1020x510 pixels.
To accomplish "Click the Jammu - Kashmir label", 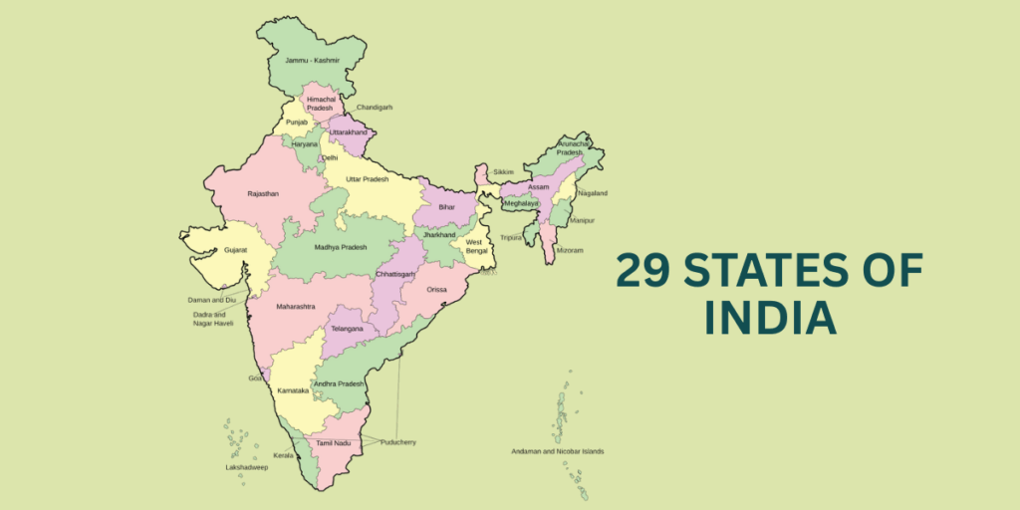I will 312,61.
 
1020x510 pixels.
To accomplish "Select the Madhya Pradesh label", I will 341,247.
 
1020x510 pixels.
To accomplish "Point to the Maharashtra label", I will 296,306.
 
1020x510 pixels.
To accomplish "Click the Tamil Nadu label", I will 333,442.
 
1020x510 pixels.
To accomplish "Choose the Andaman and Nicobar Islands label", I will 558,451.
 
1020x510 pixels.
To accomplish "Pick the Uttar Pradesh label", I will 368,179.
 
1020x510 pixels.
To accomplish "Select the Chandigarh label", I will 375,107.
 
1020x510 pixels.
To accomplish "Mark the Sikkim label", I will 503,171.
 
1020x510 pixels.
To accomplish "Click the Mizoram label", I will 570,250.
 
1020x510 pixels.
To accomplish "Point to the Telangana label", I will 347,328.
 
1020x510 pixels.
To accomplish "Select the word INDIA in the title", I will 768,317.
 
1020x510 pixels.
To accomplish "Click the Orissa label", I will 437,290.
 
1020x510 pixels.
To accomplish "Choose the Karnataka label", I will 293,390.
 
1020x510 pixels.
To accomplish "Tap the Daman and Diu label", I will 212,299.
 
